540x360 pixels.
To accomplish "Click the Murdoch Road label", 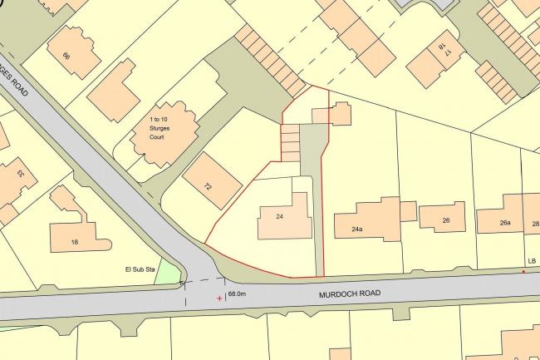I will coord(353,293).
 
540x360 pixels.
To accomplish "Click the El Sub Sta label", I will coord(140,269).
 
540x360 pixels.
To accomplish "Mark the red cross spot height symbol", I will coord(219,298).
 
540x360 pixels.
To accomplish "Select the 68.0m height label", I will coord(238,293).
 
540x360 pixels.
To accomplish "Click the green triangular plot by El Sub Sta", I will coord(169,273).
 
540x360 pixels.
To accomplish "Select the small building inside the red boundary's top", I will coord(331,114).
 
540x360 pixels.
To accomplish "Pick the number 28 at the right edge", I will coord(534,224).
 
